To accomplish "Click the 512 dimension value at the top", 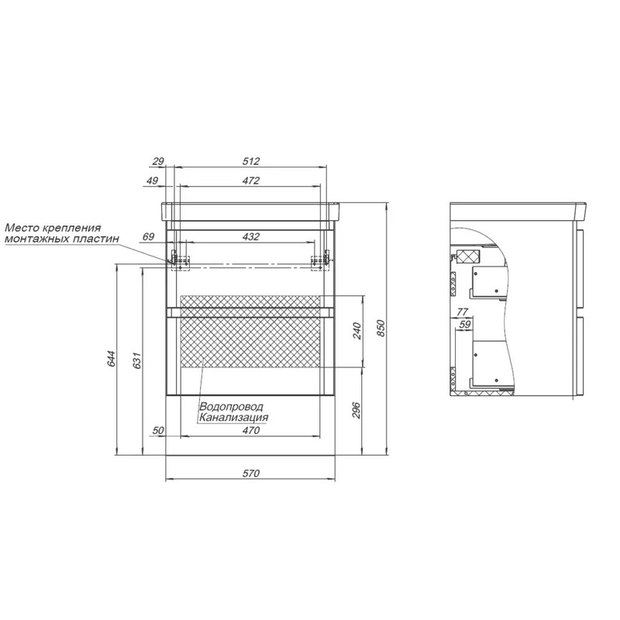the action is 251,161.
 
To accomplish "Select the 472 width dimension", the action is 251,181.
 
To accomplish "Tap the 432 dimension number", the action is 251,237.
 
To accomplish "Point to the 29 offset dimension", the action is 158,161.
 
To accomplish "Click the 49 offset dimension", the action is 152,181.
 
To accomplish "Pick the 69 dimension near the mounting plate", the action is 148,237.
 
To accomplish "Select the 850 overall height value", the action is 381,328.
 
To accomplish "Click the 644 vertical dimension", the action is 111,358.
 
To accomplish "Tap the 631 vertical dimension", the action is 137,360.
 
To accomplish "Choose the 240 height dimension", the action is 356,331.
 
